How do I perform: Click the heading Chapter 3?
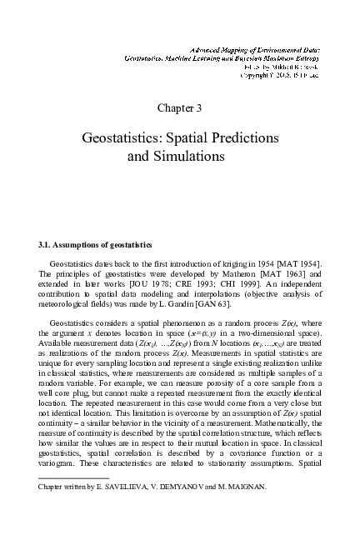(179, 107)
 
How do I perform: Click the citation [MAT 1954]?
(299, 263)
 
